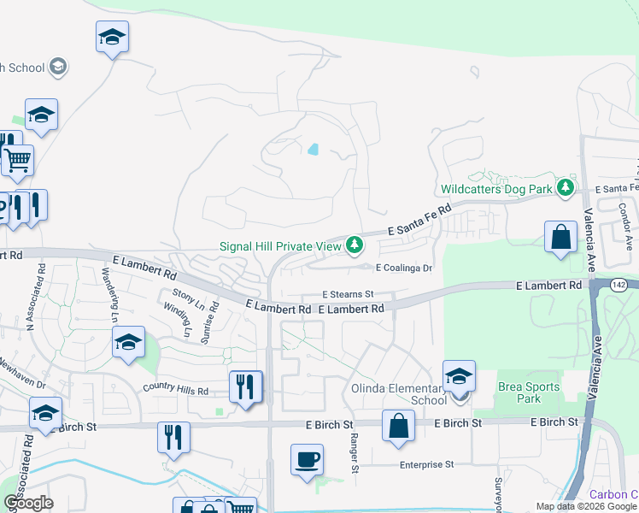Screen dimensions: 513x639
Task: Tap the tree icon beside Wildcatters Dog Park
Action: [x=564, y=187]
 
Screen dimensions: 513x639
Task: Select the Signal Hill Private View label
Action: [x=280, y=246]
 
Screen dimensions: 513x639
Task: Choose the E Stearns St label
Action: [x=348, y=294]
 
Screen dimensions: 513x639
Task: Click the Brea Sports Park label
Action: [x=528, y=392]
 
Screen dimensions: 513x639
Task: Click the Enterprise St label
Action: [x=425, y=464]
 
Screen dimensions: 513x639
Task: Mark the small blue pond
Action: [x=313, y=150]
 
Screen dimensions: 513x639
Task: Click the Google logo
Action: [x=28, y=503]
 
